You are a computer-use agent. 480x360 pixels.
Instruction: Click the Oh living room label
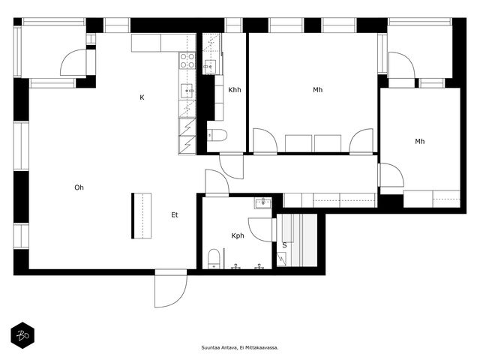pos(79,187)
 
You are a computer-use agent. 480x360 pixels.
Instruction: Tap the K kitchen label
pos(142,97)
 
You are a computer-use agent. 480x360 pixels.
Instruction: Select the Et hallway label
pos(175,215)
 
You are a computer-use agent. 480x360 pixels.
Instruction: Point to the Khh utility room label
pos(235,90)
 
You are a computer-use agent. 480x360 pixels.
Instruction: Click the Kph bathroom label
pos(238,235)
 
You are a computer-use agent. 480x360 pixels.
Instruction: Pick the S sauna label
pos(284,244)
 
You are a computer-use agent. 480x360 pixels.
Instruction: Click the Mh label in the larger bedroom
pos(318,90)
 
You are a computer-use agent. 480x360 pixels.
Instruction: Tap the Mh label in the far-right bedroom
pos(420,141)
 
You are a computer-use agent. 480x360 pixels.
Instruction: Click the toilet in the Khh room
pos(217,135)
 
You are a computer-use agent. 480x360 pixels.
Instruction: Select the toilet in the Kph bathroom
pos(213,259)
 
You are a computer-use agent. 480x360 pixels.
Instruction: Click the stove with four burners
pos(187,61)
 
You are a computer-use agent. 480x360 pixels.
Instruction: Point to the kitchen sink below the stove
pos(187,91)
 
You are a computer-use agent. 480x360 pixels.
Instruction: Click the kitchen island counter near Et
pos(142,215)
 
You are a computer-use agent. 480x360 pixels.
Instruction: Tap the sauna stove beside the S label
pos(281,259)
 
